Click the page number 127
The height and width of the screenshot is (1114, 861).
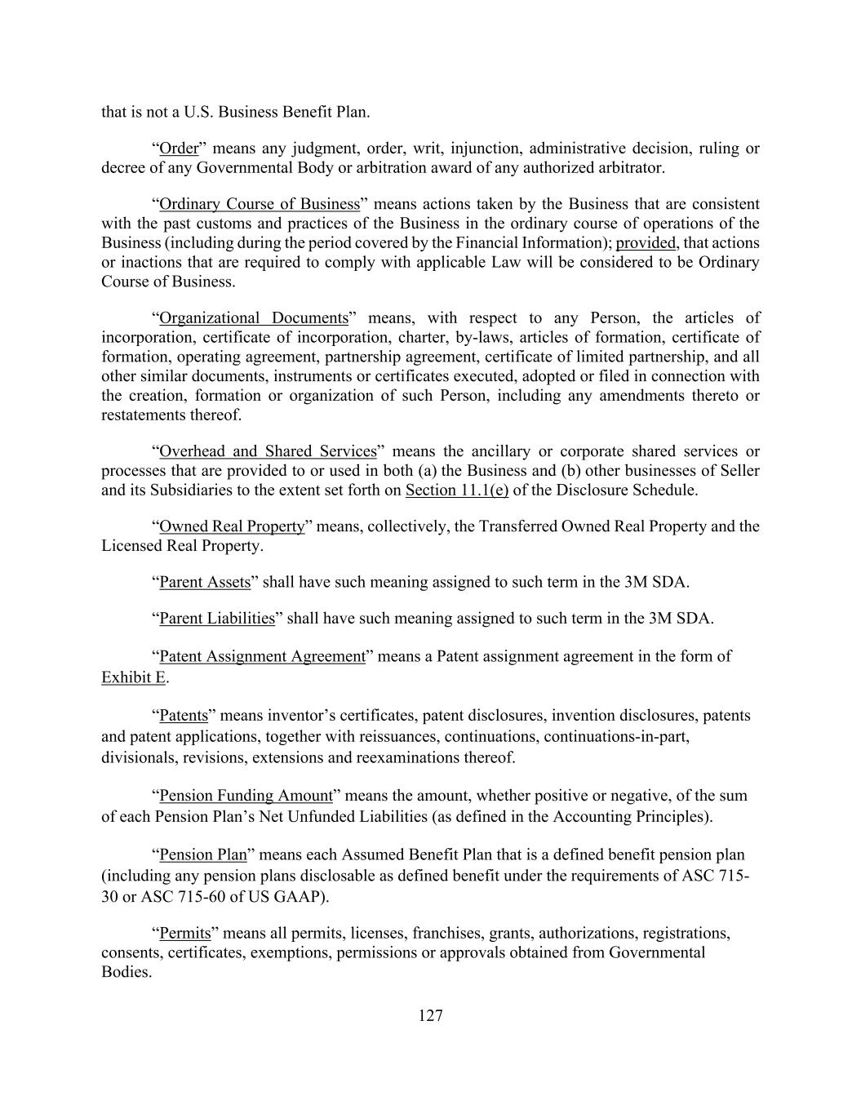point(430,1015)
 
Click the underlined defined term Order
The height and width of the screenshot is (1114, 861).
point(179,149)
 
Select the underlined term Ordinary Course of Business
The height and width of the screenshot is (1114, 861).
point(260,204)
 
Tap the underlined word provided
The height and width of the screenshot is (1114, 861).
point(646,243)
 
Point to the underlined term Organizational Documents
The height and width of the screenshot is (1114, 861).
point(254,318)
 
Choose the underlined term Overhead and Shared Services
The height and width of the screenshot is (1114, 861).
point(268,451)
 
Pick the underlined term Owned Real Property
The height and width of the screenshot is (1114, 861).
point(232,526)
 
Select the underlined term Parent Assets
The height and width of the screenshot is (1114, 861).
point(205,583)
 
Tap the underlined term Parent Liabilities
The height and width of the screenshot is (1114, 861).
point(217,619)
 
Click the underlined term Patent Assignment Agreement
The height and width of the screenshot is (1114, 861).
point(262,657)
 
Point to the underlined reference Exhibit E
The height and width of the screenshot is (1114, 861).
point(133,677)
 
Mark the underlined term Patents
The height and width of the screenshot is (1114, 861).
point(184,716)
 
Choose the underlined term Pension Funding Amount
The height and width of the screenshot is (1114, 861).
point(246,796)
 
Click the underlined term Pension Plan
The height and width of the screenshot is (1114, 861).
point(202,855)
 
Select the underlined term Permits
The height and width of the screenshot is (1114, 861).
point(184,933)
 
